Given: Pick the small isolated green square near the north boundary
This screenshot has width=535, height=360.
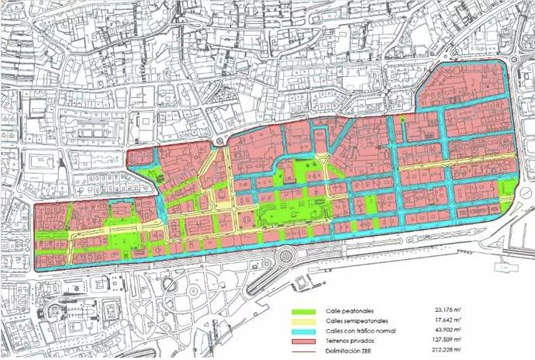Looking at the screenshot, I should pyautogui.click(x=402, y=121).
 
